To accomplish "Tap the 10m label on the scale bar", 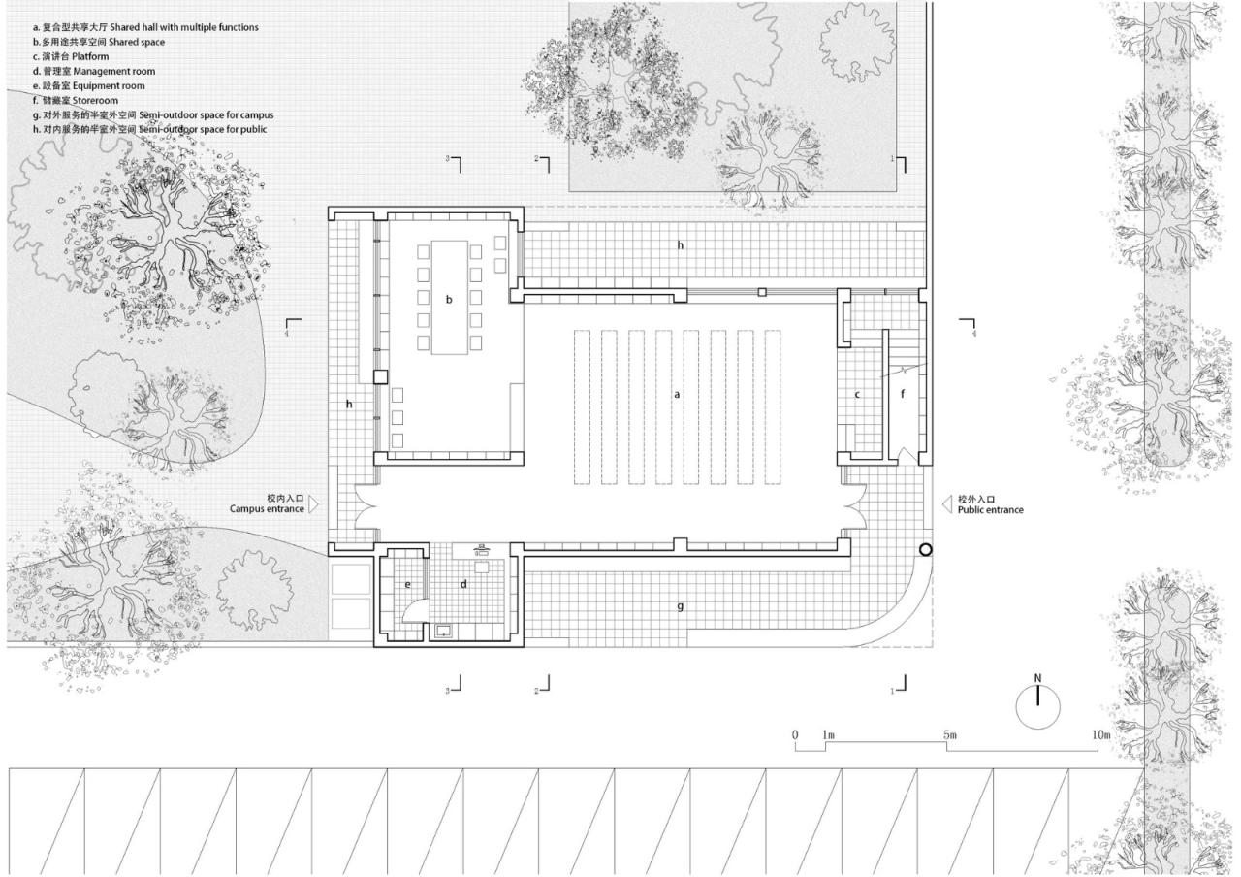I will coord(1100,735).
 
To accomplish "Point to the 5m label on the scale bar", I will coord(949,735).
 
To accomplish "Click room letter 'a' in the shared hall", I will coord(678,395).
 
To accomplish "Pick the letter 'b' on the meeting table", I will coord(449,300).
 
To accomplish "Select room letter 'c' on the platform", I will coord(857,395).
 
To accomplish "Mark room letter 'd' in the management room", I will coord(463,584).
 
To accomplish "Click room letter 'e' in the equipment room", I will coord(408,584).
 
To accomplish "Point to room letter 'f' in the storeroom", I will coord(903,395).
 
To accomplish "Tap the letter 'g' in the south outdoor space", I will coord(680,606).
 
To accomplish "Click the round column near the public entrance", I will coord(926,550).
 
